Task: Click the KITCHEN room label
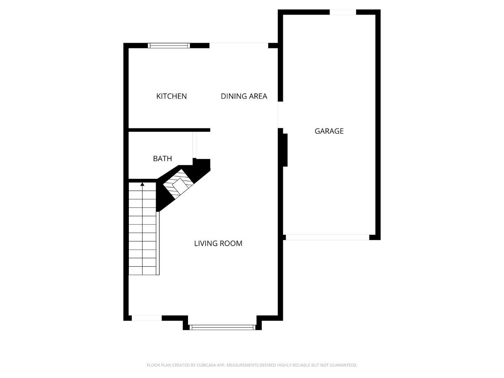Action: click(171, 96)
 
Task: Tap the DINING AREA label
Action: click(244, 96)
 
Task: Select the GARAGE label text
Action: click(329, 131)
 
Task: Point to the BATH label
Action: click(162, 159)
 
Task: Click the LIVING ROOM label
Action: click(218, 243)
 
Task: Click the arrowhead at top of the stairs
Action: click(142, 184)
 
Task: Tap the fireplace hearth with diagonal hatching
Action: click(179, 185)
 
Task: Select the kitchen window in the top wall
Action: click(169, 45)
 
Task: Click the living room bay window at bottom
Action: click(222, 328)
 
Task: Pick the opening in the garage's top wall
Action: click(343, 12)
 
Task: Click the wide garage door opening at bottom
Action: click(327, 237)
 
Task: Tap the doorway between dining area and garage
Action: click(280, 114)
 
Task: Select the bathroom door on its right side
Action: click(195, 145)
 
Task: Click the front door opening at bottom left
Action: click(147, 318)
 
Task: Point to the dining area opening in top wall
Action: click(239, 45)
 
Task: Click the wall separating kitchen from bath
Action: click(169, 130)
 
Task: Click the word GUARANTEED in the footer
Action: click(344, 365)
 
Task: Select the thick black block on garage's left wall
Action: click(285, 150)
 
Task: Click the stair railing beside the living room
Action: click(158, 243)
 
